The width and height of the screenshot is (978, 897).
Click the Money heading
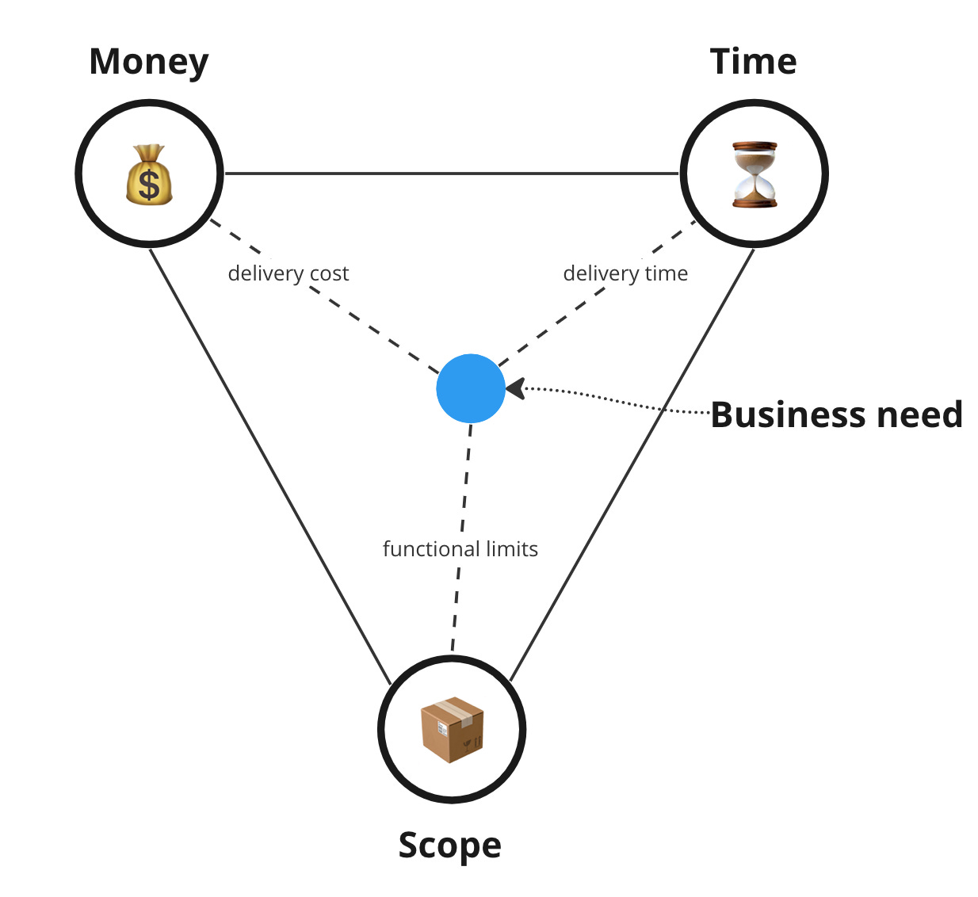pyautogui.click(x=148, y=62)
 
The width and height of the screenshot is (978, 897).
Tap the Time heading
pyautogui.click(x=753, y=62)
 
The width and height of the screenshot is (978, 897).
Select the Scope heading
pyautogui.click(x=449, y=845)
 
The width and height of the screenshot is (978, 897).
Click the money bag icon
pyautogui.click(x=149, y=174)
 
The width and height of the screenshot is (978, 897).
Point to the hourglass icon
pyautogui.click(x=755, y=174)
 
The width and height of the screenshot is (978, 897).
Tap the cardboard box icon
pyautogui.click(x=452, y=730)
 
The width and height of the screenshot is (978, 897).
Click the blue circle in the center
pyautogui.click(x=471, y=388)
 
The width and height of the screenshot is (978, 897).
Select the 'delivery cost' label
pyautogui.click(x=288, y=273)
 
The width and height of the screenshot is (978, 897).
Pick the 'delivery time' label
pyautogui.click(x=625, y=273)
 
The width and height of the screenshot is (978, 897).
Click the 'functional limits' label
pyautogui.click(x=460, y=549)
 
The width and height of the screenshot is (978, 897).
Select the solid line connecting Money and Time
pyautogui.click(x=452, y=173)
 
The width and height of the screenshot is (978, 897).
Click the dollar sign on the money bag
pyautogui.click(x=148, y=185)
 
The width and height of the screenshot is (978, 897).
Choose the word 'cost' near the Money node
pyautogui.click(x=329, y=274)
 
